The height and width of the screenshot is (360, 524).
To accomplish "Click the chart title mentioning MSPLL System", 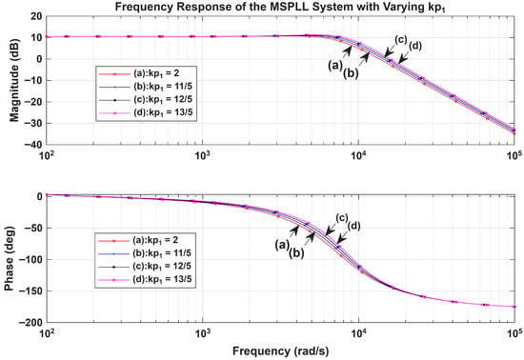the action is pyautogui.click(x=280, y=7).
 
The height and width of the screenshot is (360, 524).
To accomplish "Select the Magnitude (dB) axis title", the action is pyautogui.click(x=14, y=80).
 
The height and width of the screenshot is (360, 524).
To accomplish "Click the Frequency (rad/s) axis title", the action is pyautogui.click(x=280, y=351).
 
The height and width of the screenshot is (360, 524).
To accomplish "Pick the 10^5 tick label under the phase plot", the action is pyautogui.click(x=514, y=333).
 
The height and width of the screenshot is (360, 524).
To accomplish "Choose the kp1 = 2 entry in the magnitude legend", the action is pyautogui.click(x=155, y=73).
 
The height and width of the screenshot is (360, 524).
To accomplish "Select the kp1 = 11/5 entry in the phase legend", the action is pyautogui.click(x=162, y=253).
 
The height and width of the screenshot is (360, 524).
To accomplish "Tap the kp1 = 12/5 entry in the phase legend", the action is pyautogui.click(x=162, y=267).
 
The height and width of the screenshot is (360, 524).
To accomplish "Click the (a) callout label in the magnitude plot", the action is pyautogui.click(x=335, y=66).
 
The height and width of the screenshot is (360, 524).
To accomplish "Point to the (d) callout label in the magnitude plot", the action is pyautogui.click(x=415, y=46).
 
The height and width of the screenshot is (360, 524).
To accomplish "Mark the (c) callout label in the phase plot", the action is pyautogui.click(x=342, y=218).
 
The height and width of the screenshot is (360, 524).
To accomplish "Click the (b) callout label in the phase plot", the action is pyautogui.click(x=296, y=253).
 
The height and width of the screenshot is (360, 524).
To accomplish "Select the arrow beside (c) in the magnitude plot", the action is pyautogui.click(x=389, y=50).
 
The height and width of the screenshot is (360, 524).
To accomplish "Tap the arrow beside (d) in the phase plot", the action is pyautogui.click(x=342, y=237).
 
